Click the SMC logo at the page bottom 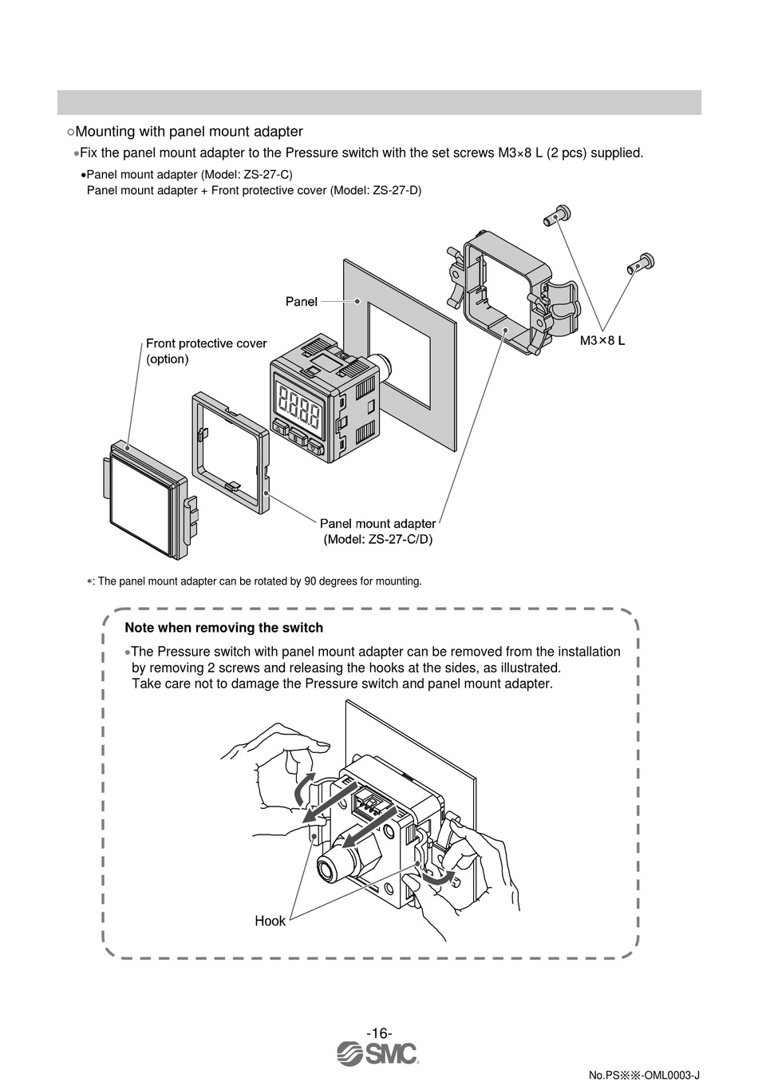[378, 1053]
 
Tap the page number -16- [379, 1032]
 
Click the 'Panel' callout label [301, 302]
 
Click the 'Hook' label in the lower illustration [270, 921]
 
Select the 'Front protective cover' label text [206, 343]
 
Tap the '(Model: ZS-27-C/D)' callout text [378, 539]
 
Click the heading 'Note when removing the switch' [223, 628]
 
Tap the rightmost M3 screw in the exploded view [640, 261]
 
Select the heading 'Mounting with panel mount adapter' [188, 131]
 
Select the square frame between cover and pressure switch [228, 452]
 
